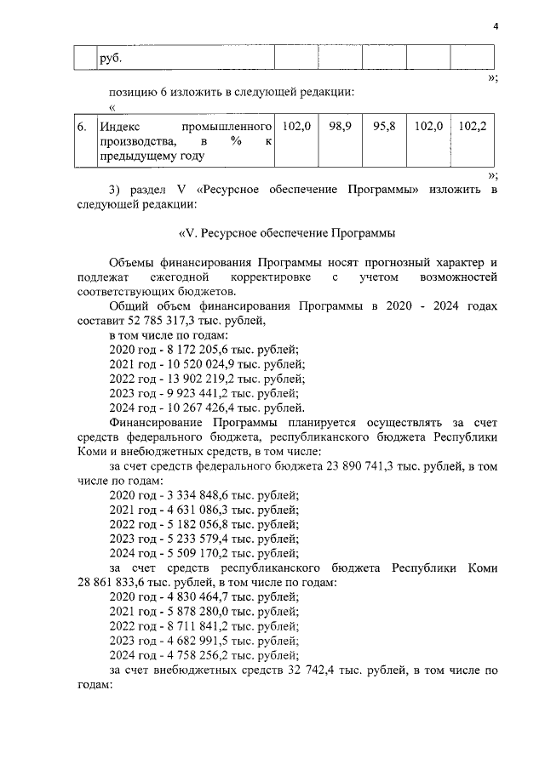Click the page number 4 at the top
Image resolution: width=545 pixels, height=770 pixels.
pos(495,26)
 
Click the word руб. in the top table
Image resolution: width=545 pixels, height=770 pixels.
pos(112,59)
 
